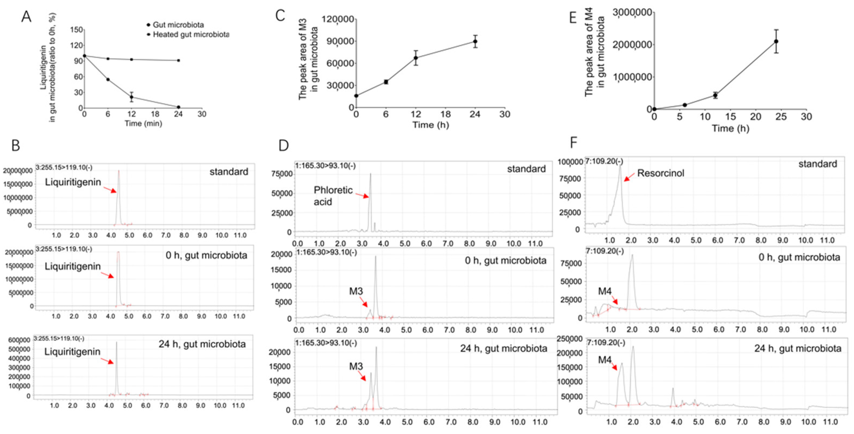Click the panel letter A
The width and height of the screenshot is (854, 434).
click(x=26, y=16)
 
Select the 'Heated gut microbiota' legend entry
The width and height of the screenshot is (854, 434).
click(x=191, y=35)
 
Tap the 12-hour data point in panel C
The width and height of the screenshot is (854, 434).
click(x=415, y=58)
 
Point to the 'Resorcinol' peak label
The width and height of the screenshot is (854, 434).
click(x=660, y=173)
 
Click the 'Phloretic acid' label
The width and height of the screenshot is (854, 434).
click(x=333, y=196)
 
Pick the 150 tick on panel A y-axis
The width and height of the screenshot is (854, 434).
click(x=77, y=30)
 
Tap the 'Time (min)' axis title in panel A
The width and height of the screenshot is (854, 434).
click(x=143, y=124)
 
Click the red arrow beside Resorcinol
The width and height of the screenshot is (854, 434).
click(x=629, y=177)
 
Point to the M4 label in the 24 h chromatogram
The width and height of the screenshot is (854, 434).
click(x=604, y=360)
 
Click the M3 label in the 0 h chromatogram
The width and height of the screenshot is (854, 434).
click(x=356, y=291)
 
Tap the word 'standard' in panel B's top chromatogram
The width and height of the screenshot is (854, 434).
click(x=229, y=172)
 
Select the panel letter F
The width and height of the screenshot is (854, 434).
click(x=573, y=143)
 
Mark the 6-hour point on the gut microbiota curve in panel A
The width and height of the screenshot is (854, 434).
click(x=108, y=80)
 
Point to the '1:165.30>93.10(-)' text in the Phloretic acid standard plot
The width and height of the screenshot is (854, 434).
click(x=325, y=165)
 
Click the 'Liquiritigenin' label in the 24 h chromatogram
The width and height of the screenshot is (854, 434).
click(x=72, y=352)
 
